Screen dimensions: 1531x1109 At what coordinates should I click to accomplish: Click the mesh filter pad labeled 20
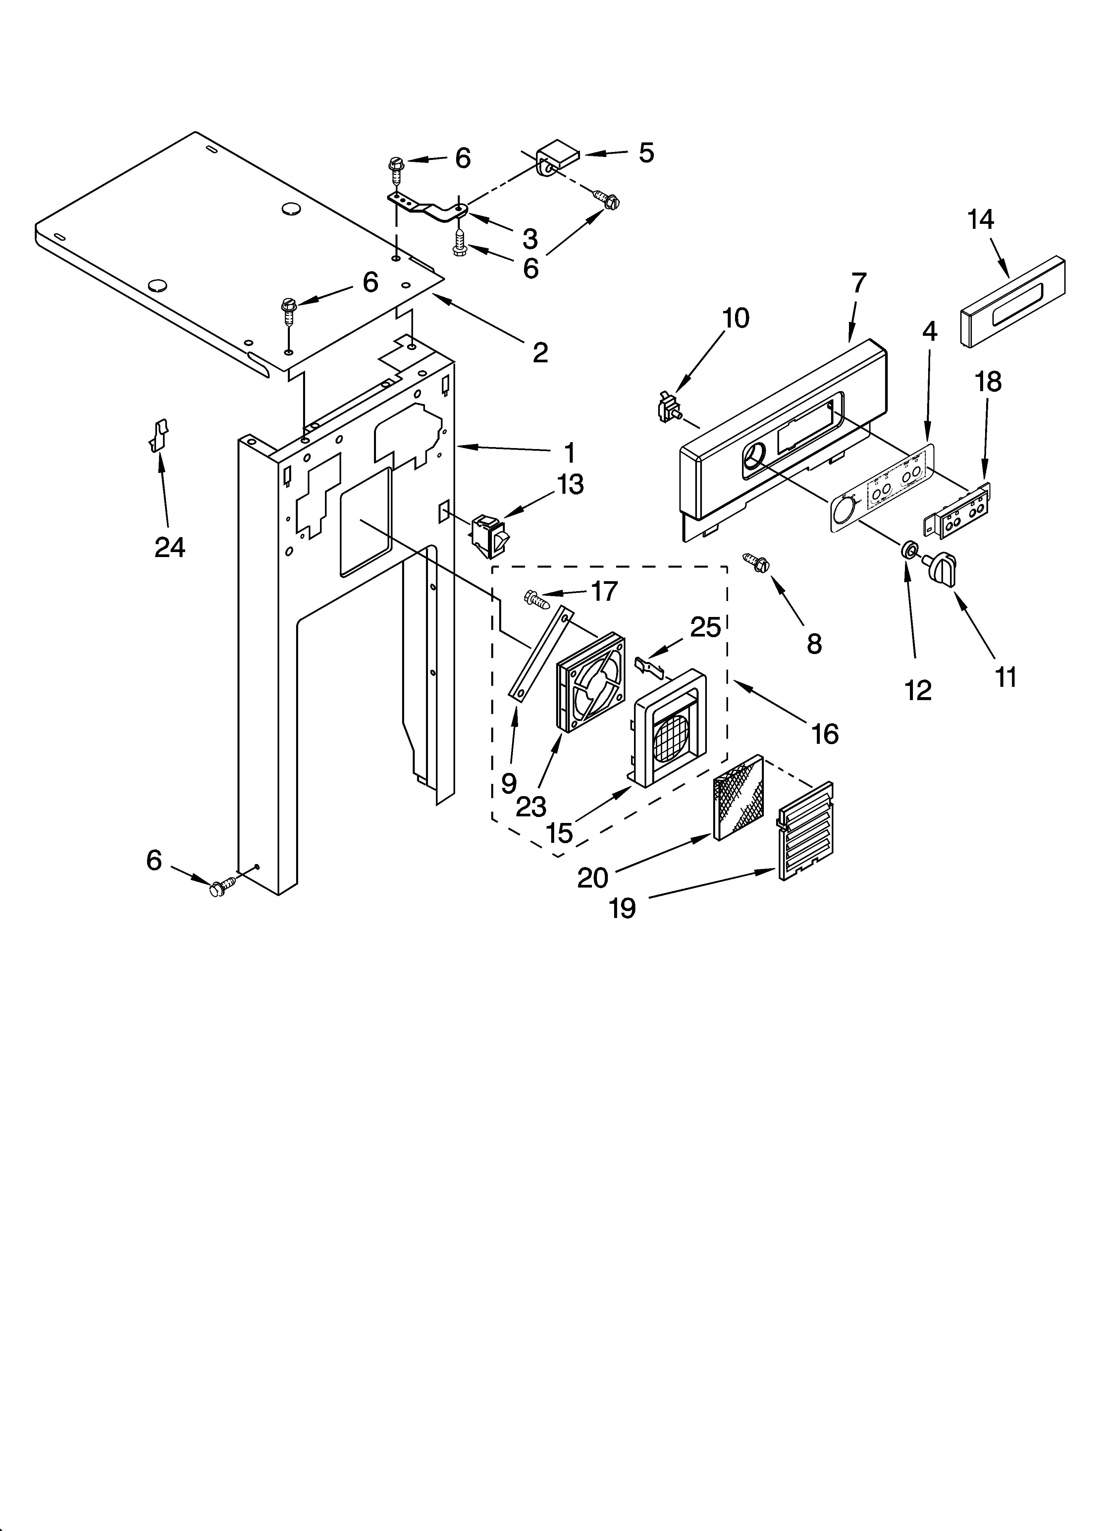[x=739, y=797]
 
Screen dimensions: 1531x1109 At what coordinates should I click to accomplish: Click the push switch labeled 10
[x=669, y=408]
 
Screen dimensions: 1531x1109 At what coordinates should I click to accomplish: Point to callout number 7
[x=858, y=283]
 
